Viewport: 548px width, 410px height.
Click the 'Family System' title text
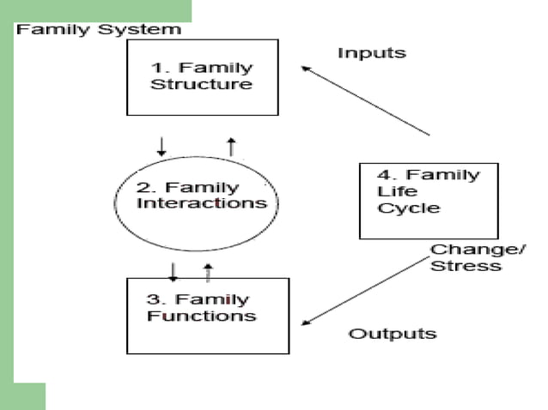click(100, 29)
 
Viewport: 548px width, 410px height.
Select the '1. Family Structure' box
click(202, 77)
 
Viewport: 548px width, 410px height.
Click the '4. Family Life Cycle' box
click(427, 200)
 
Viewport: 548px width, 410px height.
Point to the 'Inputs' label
click(371, 53)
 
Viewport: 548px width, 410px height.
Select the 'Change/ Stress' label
click(466, 257)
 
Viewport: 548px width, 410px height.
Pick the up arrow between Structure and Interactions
click(230, 146)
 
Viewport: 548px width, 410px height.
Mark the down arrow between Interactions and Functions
click(173, 271)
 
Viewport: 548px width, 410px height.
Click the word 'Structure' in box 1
click(201, 85)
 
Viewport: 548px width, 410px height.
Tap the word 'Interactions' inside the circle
click(203, 204)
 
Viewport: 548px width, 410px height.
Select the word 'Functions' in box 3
click(201, 316)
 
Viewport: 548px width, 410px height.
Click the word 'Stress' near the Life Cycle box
click(466, 265)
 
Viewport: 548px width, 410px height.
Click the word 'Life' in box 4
click(391, 191)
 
